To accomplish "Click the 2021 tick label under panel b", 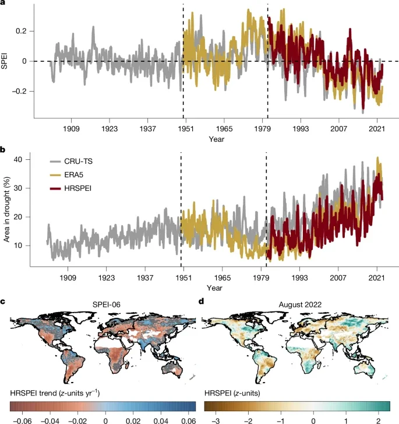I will tap(376, 278).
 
